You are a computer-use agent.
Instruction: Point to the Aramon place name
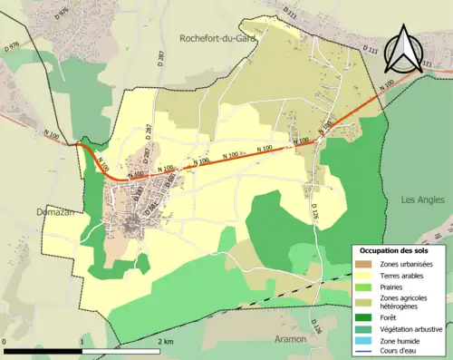point(290,338)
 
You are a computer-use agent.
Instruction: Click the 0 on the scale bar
point(5,341)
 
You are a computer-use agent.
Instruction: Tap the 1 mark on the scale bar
point(82,341)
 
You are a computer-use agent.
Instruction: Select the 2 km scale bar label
point(164,341)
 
